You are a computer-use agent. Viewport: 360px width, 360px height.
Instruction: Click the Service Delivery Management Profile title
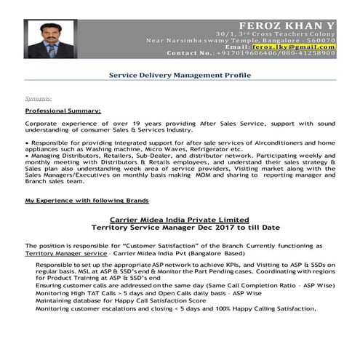(179, 73)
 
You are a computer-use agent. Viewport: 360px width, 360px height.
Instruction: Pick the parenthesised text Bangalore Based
(196, 254)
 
